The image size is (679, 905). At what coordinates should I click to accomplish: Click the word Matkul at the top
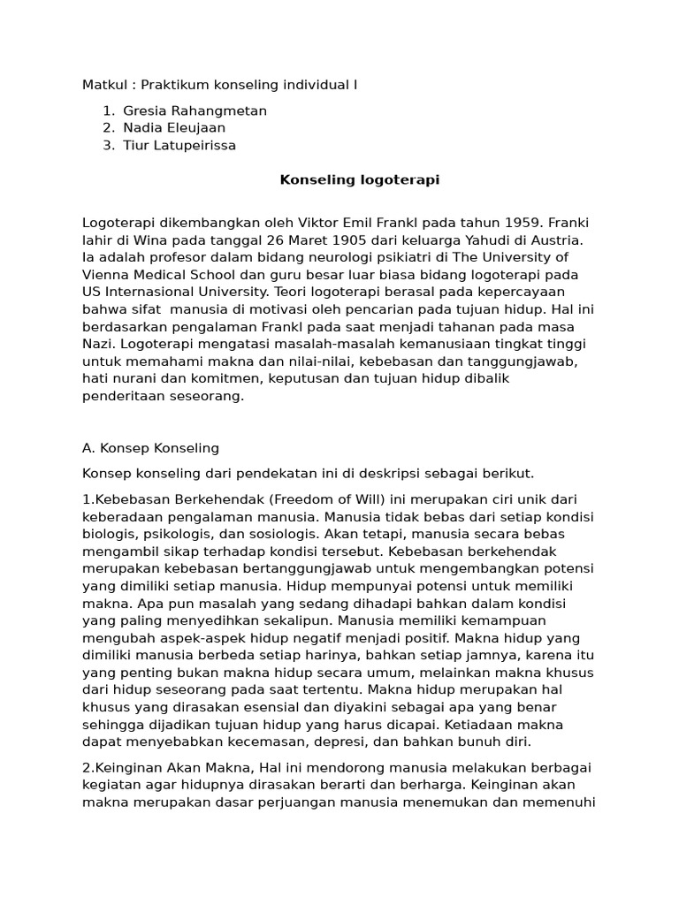click(x=104, y=85)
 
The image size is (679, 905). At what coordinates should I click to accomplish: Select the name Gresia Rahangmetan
click(x=195, y=110)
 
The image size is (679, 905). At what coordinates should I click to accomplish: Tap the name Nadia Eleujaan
click(x=174, y=128)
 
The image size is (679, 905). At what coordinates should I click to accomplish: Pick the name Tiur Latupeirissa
click(x=179, y=146)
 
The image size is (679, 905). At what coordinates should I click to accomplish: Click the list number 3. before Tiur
click(x=108, y=146)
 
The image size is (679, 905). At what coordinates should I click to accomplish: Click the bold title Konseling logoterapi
click(x=359, y=180)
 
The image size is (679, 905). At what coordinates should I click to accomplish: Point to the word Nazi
click(x=98, y=344)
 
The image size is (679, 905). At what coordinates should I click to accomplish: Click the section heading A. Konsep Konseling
click(x=150, y=448)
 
